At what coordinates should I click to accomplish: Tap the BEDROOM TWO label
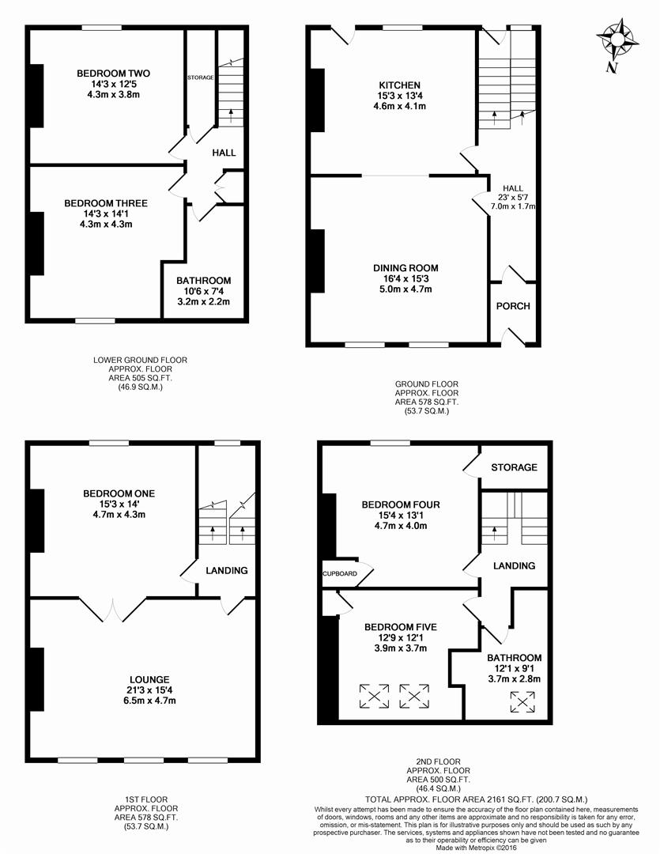[113, 74]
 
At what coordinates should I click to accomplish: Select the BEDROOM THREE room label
[106, 203]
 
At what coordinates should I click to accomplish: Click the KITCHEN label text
[399, 85]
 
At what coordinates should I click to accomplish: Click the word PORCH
[513, 306]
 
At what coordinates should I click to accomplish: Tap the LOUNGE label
[149, 679]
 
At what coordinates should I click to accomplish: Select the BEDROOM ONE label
[119, 493]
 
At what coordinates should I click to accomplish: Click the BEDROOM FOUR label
[401, 504]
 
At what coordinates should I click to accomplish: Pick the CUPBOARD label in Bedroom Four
[338, 574]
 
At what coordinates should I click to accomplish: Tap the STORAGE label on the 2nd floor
[514, 467]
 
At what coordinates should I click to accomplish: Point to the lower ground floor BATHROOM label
[203, 281]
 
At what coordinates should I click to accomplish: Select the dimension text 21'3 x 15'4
[149, 690]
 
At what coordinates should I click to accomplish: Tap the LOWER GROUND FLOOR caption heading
[140, 360]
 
